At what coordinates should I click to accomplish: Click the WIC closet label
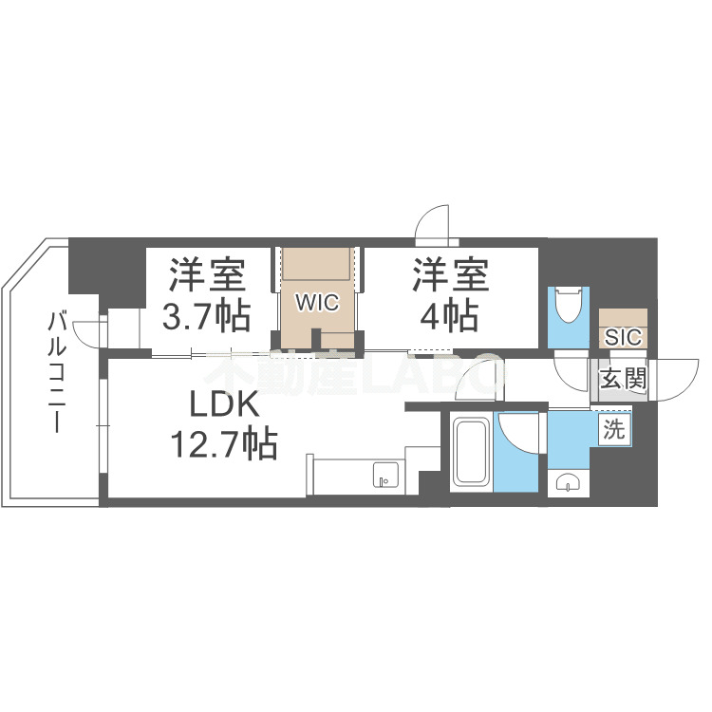click(316, 303)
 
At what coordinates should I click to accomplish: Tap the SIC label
click(623, 337)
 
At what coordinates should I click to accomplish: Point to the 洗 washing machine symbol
click(614, 429)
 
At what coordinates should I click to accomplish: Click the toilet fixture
click(570, 305)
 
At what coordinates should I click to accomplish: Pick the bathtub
click(470, 452)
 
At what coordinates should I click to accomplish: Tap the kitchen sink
click(385, 474)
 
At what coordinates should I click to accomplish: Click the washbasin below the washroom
click(568, 480)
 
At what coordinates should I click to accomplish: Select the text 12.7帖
click(224, 443)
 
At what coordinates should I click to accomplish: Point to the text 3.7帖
click(207, 315)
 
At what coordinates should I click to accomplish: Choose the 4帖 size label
click(449, 315)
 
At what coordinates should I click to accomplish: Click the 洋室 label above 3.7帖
click(207, 276)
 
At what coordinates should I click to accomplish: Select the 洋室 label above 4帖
click(449, 276)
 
